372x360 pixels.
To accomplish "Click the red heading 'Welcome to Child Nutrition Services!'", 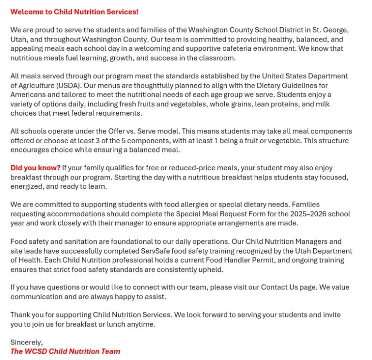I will (x=74, y=12).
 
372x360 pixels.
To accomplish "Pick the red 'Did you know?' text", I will (x=35, y=168).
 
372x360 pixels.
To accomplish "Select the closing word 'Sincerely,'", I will (x=27, y=343).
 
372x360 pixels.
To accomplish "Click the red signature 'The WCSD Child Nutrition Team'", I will (x=65, y=352).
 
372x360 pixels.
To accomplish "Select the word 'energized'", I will (x=27, y=186).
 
